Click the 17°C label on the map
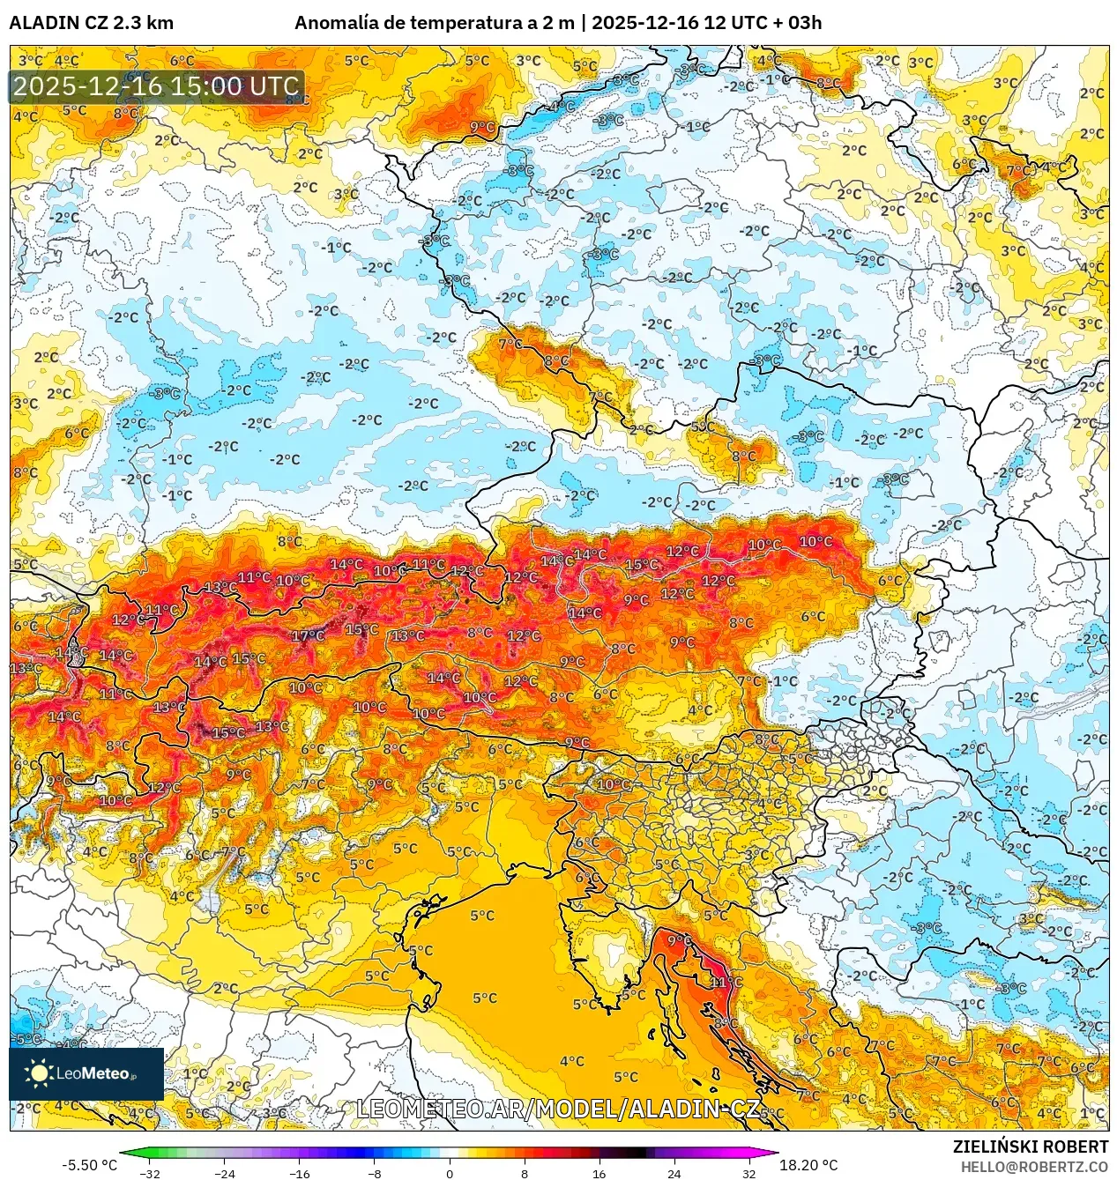(x=308, y=636)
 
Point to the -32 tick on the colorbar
(x=150, y=1173)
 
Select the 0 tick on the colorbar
(x=450, y=1173)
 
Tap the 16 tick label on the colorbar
(x=599, y=1173)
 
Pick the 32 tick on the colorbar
(x=748, y=1173)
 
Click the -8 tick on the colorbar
(x=375, y=1173)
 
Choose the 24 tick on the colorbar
(x=674, y=1173)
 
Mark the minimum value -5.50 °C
(x=89, y=1165)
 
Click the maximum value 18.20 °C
(x=808, y=1165)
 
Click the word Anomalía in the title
(x=336, y=23)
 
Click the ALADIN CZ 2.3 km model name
(x=91, y=23)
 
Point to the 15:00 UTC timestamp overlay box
(x=157, y=86)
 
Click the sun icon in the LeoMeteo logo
(x=39, y=1072)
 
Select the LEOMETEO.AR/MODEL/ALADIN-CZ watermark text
(x=557, y=1109)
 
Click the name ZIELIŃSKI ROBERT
(x=1030, y=1147)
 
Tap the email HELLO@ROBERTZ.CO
(x=1034, y=1167)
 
